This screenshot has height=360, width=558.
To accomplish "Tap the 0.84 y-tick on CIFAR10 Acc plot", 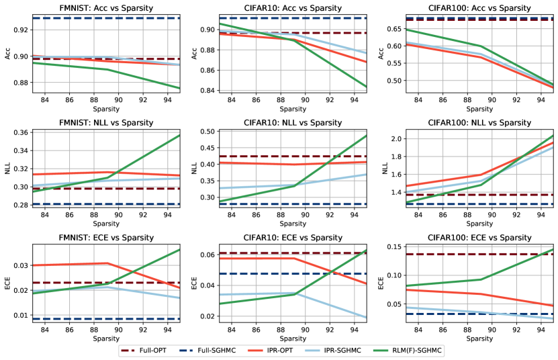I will coord(205,91).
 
